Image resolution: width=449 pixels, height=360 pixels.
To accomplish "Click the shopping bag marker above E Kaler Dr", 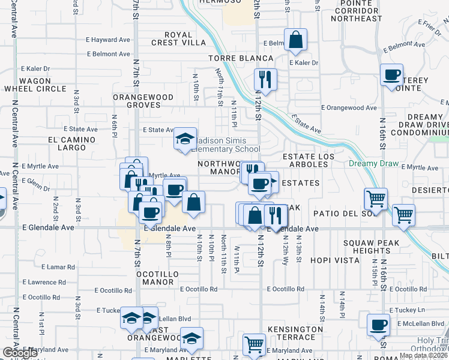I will tap(296, 40).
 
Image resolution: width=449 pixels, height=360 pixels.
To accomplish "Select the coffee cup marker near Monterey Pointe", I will tap(392, 75).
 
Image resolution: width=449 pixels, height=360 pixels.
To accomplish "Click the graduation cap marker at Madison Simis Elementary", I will tap(185, 139).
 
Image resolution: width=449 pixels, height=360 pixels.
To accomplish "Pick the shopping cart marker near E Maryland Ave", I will tap(254, 344).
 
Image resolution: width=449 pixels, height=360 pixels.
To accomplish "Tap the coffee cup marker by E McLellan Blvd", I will tap(378, 325).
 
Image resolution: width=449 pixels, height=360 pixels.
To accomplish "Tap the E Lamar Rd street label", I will tap(58, 266).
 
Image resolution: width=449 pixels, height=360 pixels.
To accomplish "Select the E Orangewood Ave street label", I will tap(349, 108).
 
